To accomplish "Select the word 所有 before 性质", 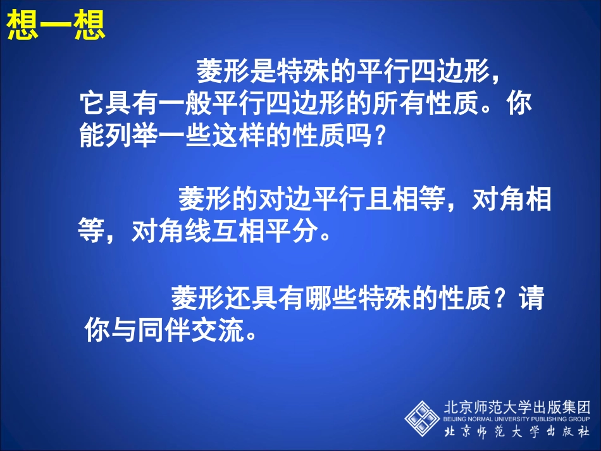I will [x=400, y=104].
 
